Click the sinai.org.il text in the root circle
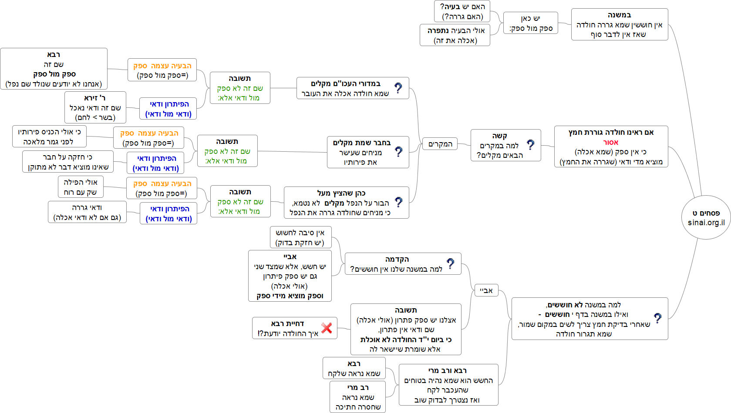706,223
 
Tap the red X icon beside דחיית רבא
327,328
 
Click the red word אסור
611,142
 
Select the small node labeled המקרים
440,144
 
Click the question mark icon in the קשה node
530,145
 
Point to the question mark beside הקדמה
450,263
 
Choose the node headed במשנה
619,24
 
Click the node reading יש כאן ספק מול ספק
530,23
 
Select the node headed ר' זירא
95,107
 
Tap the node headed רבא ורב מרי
448,385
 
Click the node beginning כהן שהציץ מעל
346,203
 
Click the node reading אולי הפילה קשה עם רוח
81,187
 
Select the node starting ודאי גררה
87,212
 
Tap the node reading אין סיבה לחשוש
300,237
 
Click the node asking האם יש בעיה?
462,11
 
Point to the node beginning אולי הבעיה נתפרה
455,35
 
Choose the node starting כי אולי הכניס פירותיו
49,137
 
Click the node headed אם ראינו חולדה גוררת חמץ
611,147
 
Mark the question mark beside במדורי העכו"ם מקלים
398,88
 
